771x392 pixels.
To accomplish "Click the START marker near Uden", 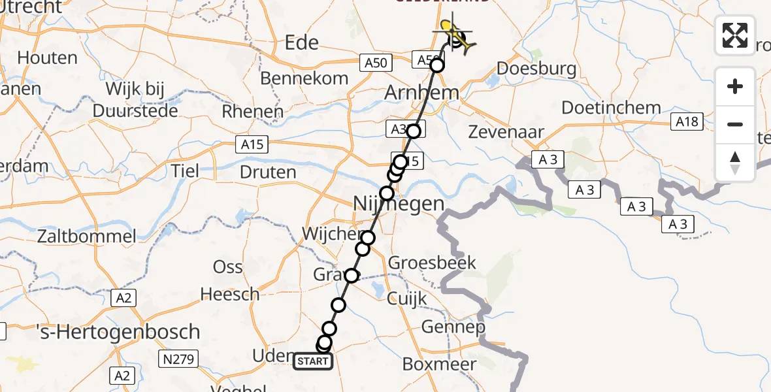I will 313,361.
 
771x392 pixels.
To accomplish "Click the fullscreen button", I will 735,35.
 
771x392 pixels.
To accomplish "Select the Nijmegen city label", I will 399,204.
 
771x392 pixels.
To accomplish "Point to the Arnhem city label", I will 421,93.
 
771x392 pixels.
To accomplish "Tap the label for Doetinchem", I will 611,108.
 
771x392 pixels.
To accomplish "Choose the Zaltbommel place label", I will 87,236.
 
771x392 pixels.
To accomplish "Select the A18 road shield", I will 687,122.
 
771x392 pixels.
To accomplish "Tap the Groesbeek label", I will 432,263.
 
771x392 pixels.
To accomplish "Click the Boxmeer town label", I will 439,363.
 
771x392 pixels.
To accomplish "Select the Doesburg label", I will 536,69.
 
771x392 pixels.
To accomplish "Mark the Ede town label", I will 302,43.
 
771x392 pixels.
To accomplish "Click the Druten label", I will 269,172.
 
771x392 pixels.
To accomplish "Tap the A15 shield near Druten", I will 252,144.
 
